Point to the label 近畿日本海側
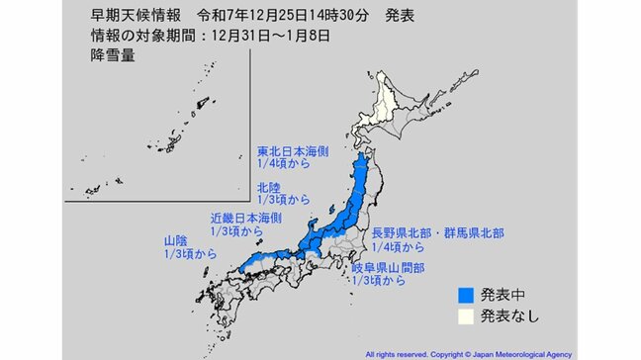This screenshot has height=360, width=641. point(246,216)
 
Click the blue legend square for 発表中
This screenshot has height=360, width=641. point(467,295)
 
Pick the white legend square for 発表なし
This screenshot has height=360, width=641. point(467,317)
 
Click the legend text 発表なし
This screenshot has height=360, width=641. point(508,317)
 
